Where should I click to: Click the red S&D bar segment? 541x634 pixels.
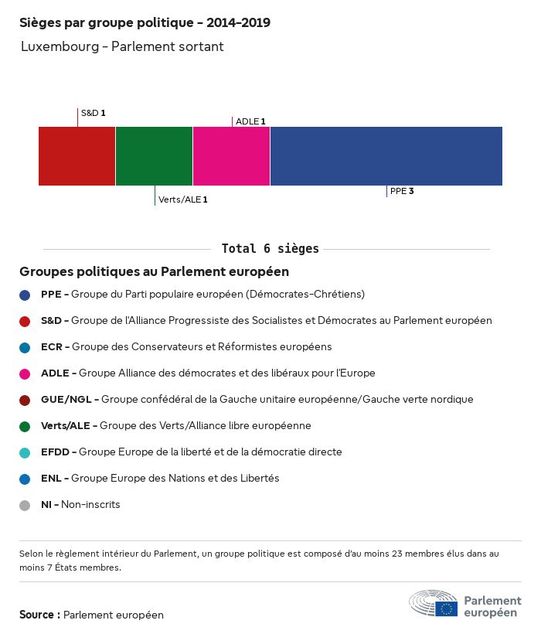pyautogui.click(x=77, y=156)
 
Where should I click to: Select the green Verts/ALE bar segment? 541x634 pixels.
pyautogui.click(x=154, y=156)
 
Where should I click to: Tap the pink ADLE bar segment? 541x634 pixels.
pyautogui.click(x=231, y=156)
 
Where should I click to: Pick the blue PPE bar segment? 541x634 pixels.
pyautogui.click(x=386, y=156)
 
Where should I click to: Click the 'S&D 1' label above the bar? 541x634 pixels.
pyautogui.click(x=93, y=113)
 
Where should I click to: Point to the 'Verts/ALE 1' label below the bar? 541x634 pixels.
pyautogui.click(x=182, y=199)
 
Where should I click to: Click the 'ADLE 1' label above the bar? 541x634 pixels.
pyautogui.click(x=250, y=121)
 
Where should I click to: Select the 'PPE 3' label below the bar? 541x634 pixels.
pyautogui.click(x=402, y=191)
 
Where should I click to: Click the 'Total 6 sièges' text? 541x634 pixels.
pyautogui.click(x=270, y=249)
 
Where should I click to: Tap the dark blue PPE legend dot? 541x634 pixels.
pyautogui.click(x=25, y=295)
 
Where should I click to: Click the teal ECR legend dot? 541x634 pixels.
pyautogui.click(x=25, y=347)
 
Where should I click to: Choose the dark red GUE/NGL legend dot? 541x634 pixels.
pyautogui.click(x=25, y=400)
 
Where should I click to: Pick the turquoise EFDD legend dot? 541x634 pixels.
pyautogui.click(x=25, y=452)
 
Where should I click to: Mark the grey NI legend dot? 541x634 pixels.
pyautogui.click(x=25, y=505)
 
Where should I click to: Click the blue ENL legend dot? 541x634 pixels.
pyautogui.click(x=25, y=479)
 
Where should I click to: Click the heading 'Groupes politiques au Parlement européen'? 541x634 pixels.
pyautogui.click(x=154, y=271)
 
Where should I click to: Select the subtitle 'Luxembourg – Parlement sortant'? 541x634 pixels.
pyautogui.click(x=122, y=46)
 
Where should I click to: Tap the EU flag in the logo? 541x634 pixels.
pyautogui.click(x=446, y=608)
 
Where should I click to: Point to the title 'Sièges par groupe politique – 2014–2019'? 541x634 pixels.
pyautogui.click(x=145, y=22)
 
